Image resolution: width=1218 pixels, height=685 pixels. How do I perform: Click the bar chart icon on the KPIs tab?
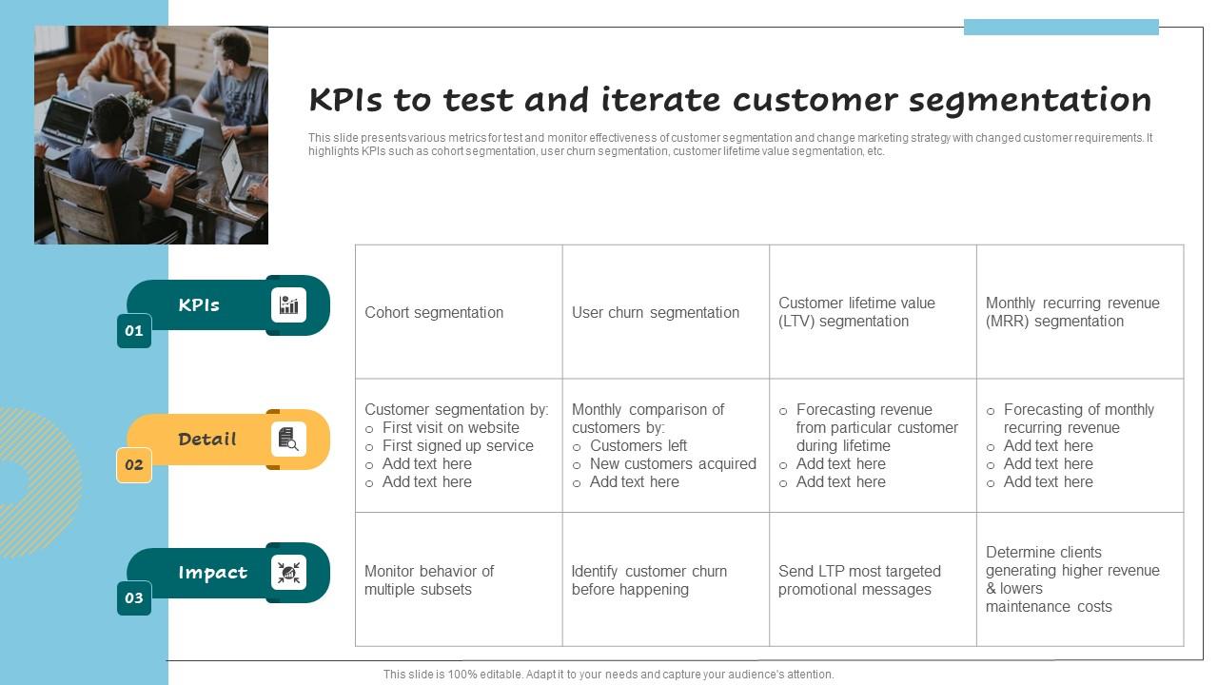[288, 305]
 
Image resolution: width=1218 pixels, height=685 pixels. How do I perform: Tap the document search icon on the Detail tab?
[288, 440]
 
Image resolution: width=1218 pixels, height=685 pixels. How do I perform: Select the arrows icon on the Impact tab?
[288, 573]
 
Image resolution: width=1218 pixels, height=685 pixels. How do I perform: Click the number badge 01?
[134, 331]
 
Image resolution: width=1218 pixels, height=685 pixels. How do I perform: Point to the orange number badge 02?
[134, 465]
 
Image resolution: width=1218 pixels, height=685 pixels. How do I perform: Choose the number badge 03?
[134, 598]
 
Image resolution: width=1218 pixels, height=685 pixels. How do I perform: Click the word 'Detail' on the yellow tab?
[206, 440]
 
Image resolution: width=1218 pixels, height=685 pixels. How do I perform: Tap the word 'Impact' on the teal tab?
[212, 573]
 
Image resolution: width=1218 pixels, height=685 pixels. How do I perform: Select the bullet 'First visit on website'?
[450, 428]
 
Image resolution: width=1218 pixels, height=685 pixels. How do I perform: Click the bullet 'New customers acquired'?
[672, 464]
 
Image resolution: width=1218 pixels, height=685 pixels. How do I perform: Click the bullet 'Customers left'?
[638, 446]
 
